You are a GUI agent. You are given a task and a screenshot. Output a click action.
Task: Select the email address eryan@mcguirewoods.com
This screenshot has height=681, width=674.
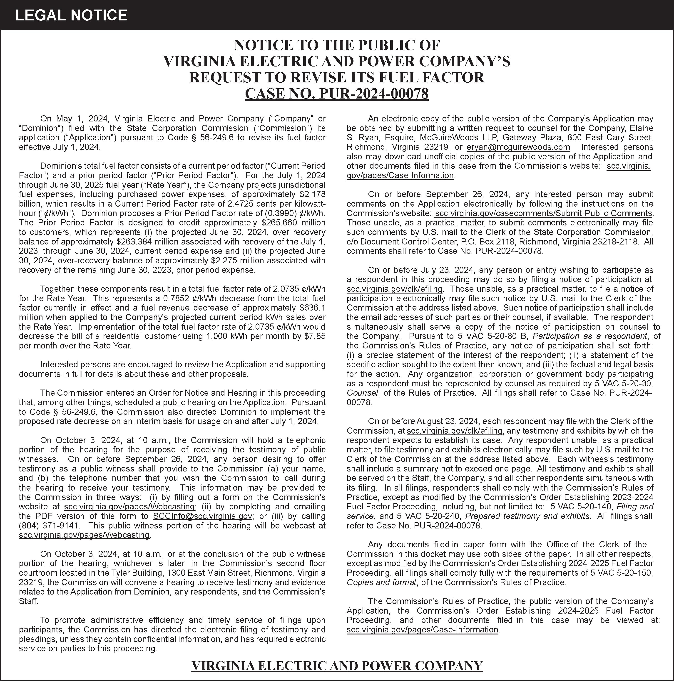518,147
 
